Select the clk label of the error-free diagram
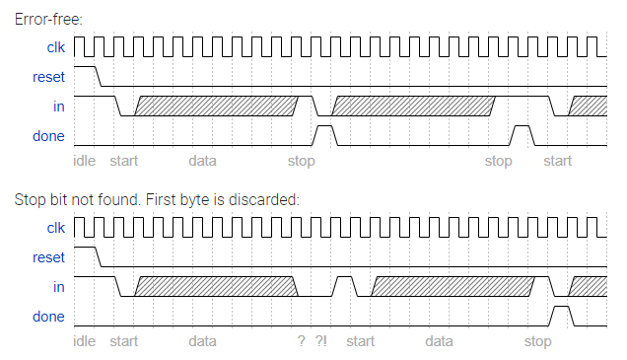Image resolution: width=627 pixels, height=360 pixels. click(55, 47)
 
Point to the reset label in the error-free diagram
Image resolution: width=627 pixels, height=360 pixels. click(48, 77)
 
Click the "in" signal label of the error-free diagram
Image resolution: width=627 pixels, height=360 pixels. click(58, 107)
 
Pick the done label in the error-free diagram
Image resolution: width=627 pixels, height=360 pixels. click(48, 136)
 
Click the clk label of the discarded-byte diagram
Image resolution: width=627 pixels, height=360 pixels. click(55, 228)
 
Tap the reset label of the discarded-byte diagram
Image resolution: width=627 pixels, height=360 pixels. click(48, 257)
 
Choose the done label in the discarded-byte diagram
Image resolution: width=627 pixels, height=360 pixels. click(48, 317)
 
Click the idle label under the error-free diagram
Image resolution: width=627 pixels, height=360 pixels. click(85, 161)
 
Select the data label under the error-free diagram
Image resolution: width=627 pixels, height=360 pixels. click(203, 161)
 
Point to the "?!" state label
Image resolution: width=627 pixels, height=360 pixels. click(321, 341)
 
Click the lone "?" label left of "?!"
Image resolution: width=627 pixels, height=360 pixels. click(301, 341)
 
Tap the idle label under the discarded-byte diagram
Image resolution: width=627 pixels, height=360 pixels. click(85, 341)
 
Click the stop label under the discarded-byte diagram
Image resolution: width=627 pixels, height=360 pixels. click(537, 341)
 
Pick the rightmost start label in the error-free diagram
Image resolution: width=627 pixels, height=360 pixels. click(558, 161)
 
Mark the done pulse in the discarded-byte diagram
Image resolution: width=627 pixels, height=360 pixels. click(561, 315)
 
